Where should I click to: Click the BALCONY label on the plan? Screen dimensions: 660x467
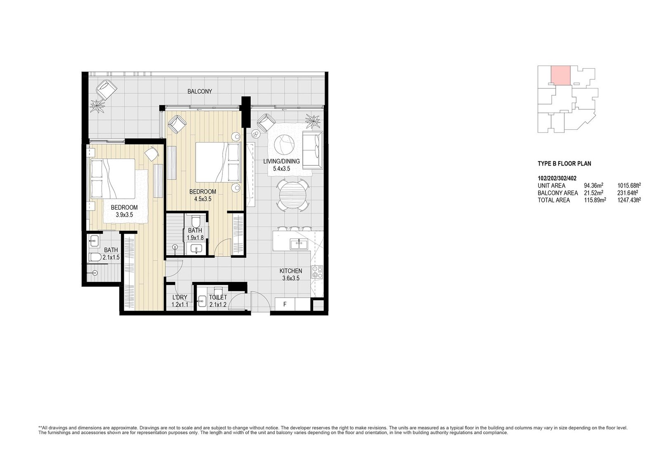point(200,91)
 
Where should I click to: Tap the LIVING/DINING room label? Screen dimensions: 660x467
point(281,161)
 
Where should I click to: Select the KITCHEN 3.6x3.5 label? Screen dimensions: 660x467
point(291,274)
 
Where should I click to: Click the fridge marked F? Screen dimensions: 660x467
point(285,304)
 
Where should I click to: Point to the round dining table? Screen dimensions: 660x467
point(293,195)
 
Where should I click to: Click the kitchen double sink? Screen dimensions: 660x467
point(299,244)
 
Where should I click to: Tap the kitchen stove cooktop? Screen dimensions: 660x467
point(317,272)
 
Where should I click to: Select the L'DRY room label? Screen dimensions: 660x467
point(180,297)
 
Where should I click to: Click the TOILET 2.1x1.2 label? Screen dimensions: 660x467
point(218,301)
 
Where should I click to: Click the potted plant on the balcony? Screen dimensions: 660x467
point(97,106)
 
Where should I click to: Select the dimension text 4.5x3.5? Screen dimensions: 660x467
point(203,199)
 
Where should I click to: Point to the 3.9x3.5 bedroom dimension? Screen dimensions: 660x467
point(124,215)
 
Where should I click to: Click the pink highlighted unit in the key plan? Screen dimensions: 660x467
point(561,75)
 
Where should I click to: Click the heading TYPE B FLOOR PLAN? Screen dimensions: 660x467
point(564,164)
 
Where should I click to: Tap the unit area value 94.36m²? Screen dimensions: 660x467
point(594,185)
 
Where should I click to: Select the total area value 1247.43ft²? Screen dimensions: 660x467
point(629,200)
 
